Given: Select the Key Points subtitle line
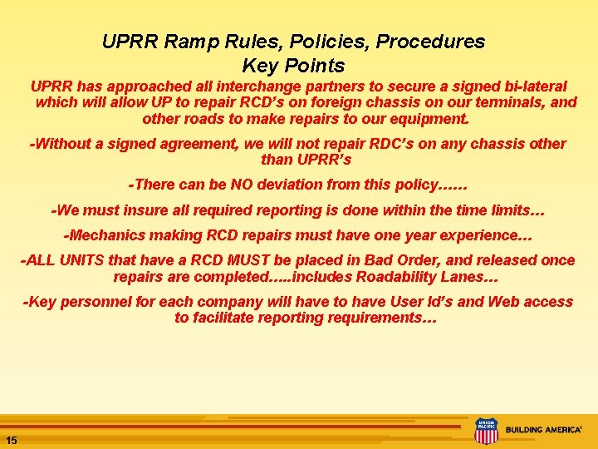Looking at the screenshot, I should coord(293,65).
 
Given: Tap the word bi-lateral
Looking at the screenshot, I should coord(531,86).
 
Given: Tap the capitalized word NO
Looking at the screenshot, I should coord(230,185).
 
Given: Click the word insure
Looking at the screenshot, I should coord(136,210).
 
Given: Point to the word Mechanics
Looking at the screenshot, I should coord(109,236).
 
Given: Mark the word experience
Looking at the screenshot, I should coord(474,236).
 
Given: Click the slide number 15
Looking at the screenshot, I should coord(12,440).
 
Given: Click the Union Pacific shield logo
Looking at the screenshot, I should coord(486,431).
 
